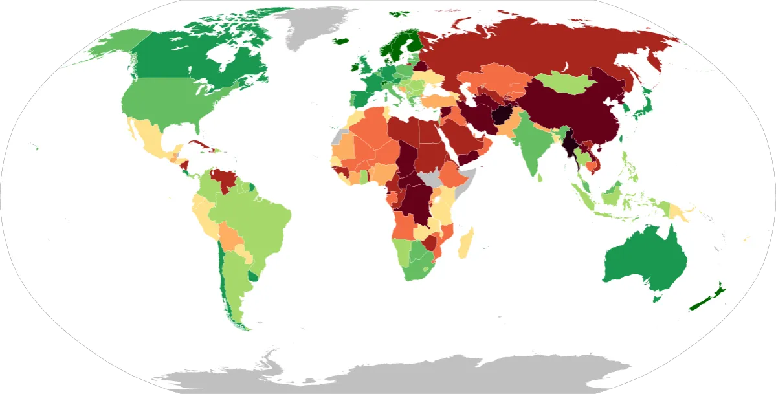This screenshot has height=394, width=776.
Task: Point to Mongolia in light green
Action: point(560,83)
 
